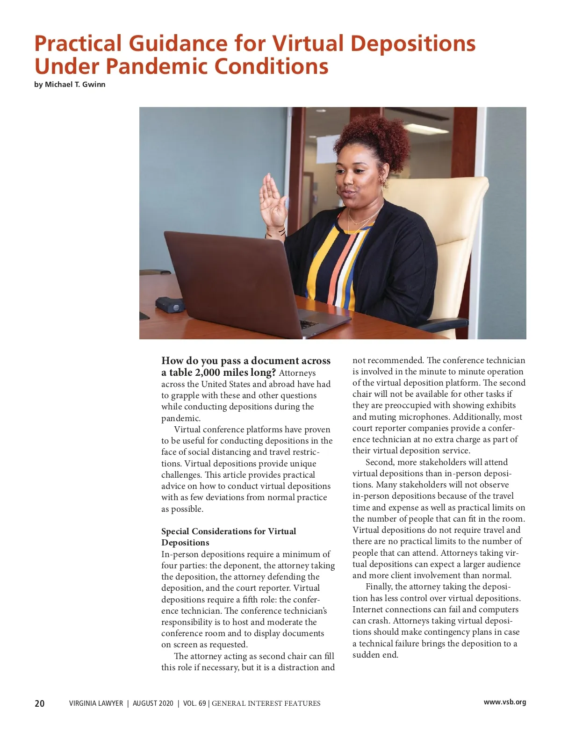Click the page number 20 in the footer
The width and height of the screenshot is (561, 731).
point(40,703)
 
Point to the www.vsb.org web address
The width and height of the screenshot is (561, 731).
point(504,702)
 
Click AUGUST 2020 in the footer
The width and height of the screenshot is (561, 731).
point(153,703)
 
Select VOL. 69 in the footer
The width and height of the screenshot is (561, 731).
point(194,703)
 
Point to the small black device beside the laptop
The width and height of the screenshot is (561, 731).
point(170,304)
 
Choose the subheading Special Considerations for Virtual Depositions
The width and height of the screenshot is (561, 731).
point(229,537)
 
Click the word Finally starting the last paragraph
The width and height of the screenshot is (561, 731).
point(379,587)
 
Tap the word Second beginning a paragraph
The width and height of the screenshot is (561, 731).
point(380,462)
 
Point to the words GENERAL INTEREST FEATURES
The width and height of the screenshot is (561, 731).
point(266,703)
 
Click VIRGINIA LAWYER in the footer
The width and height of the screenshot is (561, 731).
point(96,703)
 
